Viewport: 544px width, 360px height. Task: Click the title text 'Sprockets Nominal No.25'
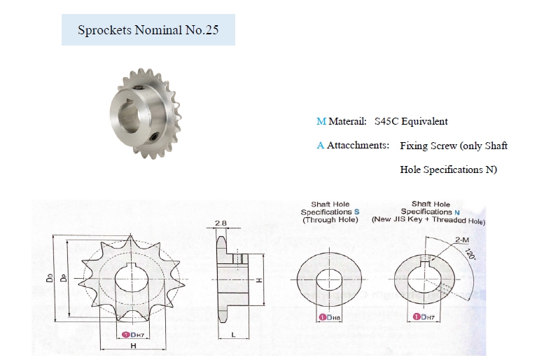pos(148,30)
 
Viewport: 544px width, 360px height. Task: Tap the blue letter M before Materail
pos(321,121)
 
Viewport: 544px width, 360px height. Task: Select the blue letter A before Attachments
pos(320,145)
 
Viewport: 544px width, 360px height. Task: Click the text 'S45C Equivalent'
pos(411,121)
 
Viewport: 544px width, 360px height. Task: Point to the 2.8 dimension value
pos(221,223)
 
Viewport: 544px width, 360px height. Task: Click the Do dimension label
pos(50,278)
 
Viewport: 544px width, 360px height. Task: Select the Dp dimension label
pos(64,278)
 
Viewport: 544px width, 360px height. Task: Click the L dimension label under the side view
pos(233,334)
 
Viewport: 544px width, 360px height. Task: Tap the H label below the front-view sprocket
pos(133,345)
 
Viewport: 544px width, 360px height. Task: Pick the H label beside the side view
pos(258,280)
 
